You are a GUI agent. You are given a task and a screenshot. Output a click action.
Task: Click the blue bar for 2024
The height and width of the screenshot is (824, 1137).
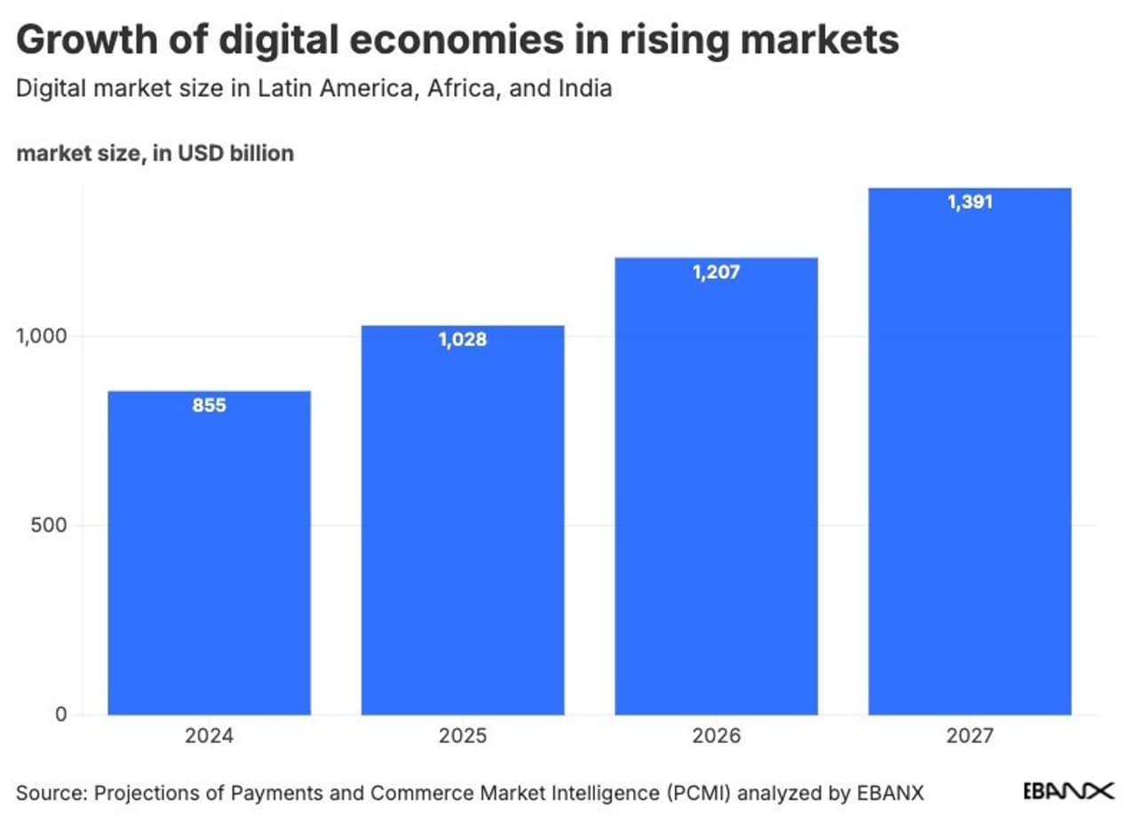pos(209,552)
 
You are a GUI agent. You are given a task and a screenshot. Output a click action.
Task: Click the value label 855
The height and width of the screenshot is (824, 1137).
pos(209,406)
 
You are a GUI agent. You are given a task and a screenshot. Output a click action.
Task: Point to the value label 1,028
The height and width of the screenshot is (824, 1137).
pos(462,340)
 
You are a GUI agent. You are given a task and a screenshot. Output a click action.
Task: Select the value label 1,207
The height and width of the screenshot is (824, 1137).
pos(716,272)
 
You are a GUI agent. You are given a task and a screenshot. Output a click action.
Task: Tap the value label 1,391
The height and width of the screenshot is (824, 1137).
pos(969,202)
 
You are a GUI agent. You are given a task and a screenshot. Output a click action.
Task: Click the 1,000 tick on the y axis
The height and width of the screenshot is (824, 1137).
pos(43,336)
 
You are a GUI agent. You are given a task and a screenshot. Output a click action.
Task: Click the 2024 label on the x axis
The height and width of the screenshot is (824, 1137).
pos(209,738)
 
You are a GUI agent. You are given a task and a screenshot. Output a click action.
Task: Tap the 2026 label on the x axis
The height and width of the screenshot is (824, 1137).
pos(716,738)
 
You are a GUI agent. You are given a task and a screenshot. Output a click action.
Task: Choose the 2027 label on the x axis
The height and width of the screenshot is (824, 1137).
pos(969,738)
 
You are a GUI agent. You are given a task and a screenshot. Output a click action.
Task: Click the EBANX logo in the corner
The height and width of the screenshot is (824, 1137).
pos(1069,791)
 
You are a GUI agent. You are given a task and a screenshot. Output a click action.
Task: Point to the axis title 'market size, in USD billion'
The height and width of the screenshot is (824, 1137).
pos(155,153)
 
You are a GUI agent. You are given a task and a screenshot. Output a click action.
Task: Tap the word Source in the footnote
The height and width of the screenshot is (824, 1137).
pos(44,792)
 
